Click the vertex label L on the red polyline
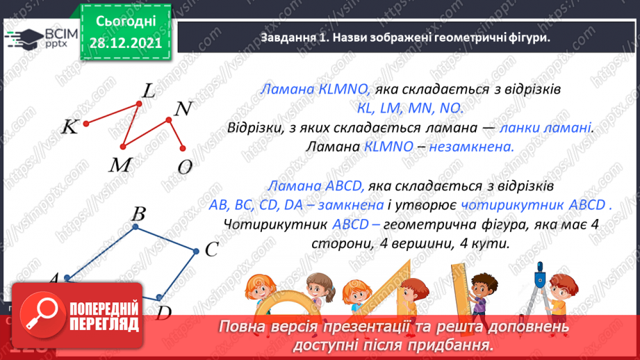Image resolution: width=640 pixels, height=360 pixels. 149,90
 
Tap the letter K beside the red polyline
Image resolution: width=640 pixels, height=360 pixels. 69,126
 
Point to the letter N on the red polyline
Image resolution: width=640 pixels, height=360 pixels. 182,109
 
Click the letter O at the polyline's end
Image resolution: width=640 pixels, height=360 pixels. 185,167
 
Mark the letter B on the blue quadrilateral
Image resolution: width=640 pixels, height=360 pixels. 138,213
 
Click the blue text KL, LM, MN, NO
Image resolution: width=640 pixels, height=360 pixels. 405,109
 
